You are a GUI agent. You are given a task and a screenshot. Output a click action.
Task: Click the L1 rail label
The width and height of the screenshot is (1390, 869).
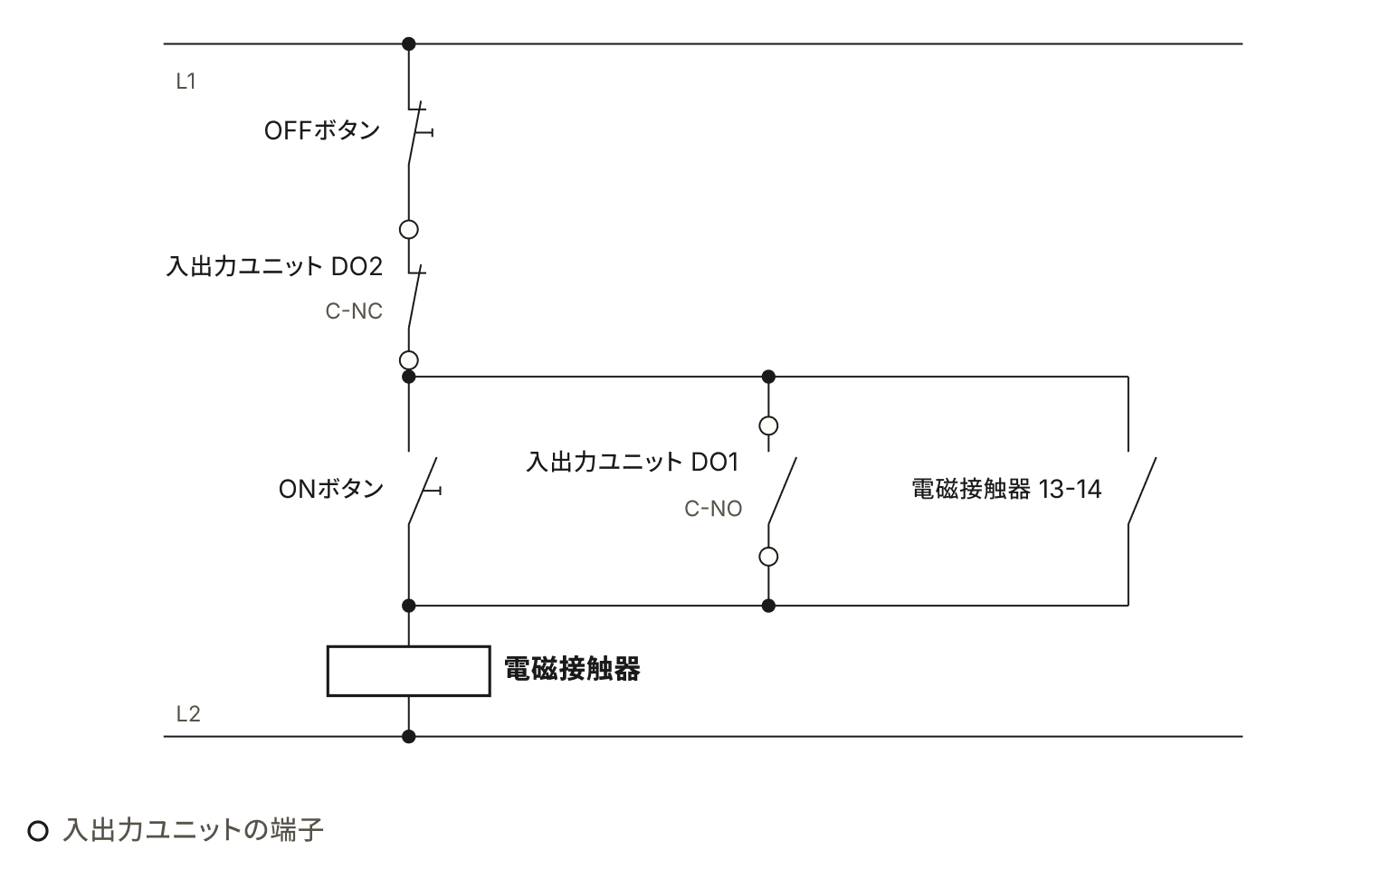[x=186, y=81]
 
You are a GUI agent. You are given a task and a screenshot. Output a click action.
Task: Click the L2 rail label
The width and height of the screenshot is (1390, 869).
[x=188, y=714]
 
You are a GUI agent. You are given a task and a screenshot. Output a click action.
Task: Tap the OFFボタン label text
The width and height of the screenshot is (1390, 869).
[x=321, y=130]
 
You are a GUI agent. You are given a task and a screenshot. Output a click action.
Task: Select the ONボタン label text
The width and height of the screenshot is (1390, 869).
[x=330, y=489]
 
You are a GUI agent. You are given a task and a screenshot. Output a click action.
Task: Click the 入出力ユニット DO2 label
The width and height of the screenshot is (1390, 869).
[x=274, y=266]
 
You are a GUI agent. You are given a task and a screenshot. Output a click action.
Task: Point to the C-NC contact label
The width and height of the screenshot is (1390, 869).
[x=354, y=311]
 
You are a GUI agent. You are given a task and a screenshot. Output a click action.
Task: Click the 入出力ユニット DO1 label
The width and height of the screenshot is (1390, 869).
[x=633, y=462]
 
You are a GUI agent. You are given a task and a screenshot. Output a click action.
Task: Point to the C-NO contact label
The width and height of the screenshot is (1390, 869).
[x=713, y=509]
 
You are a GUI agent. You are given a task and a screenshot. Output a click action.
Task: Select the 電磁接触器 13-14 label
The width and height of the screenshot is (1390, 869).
[x=1006, y=489]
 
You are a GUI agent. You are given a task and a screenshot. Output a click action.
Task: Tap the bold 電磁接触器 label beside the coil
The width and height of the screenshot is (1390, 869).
[x=572, y=669]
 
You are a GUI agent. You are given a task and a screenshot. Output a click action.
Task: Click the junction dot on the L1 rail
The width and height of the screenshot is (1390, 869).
[x=408, y=44]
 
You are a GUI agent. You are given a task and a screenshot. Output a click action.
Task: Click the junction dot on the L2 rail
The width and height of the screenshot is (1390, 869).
[x=408, y=737]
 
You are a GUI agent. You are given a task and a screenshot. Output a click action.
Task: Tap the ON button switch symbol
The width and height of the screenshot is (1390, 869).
[x=424, y=491]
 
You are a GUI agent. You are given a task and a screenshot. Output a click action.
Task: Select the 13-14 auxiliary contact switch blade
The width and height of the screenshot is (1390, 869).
[x=1142, y=491]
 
